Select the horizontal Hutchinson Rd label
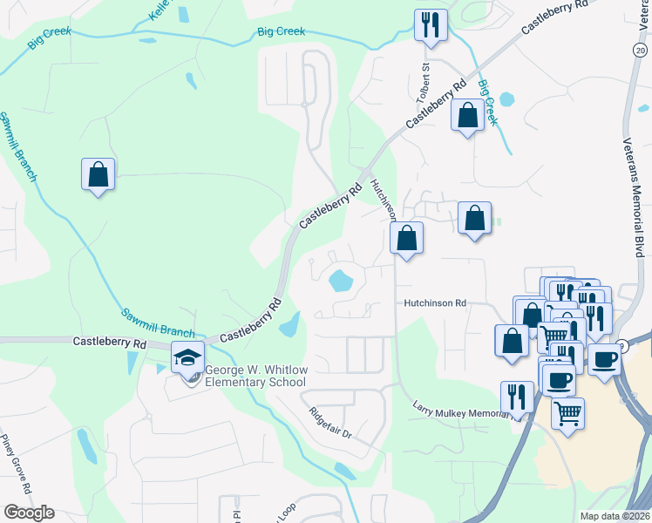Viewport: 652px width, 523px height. pyautogui.click(x=435, y=303)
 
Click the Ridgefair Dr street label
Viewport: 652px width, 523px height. pyautogui.click(x=329, y=422)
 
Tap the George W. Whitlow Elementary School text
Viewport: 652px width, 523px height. pyautogui.click(x=255, y=376)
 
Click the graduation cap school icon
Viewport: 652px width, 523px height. pyautogui.click(x=187, y=357)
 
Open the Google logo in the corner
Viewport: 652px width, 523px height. pyautogui.click(x=29, y=512)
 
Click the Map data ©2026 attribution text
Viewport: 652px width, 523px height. pyautogui.click(x=615, y=516)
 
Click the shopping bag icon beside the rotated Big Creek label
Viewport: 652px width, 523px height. pyautogui.click(x=467, y=115)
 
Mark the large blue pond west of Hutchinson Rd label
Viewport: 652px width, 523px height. pyautogui.click(x=339, y=281)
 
